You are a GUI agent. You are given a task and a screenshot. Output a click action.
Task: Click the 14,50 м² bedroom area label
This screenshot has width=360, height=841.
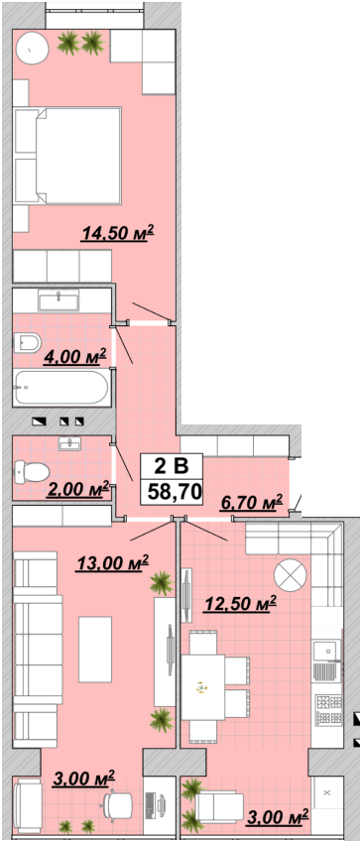pos(117,233)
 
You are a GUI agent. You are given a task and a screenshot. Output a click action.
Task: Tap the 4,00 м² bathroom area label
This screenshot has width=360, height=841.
pos(75,356)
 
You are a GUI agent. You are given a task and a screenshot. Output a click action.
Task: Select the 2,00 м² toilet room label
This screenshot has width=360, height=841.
pos(77,489)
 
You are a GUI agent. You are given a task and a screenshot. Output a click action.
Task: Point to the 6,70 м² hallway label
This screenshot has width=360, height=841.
pos(251,503)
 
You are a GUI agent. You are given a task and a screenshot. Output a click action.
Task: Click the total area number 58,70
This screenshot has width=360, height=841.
pos(172,491)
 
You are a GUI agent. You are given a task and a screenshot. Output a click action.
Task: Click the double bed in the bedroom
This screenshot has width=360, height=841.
pos(67,156)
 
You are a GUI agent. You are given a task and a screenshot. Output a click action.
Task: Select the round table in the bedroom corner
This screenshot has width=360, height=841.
pos(32,49)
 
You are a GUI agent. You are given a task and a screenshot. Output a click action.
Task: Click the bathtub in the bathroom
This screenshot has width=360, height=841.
pos(60,387)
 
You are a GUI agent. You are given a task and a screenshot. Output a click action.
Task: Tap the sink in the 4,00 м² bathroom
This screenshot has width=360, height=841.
pos(59,300)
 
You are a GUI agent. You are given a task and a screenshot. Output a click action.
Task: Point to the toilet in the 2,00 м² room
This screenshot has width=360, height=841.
pos(32,472)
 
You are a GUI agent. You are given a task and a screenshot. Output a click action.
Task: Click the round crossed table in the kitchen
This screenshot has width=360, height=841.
pos(291,575)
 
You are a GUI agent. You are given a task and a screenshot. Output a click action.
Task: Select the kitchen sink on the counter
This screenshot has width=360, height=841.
pos(326,651)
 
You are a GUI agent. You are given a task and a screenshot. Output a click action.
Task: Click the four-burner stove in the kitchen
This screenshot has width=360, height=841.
pos(329,710)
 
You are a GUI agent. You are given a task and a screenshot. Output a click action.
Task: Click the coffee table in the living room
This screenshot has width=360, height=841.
pos(95,649)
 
